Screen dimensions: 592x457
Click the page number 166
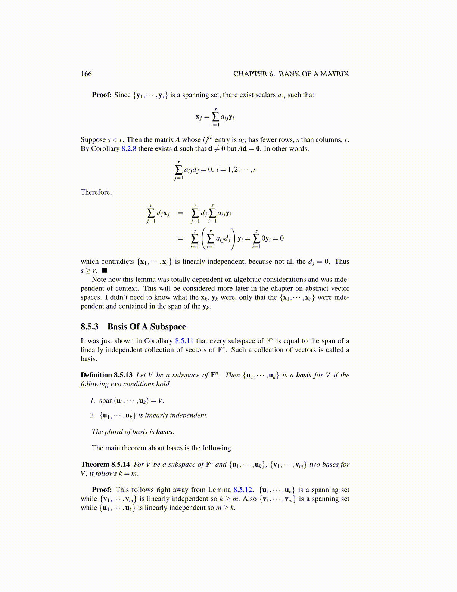(86, 74)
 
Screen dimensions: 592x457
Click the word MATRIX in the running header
(335, 74)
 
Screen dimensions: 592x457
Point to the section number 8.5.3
(90, 327)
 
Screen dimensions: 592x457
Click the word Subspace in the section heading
(168, 327)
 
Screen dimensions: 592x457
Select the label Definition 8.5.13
(106, 375)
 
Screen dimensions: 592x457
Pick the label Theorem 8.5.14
(105, 465)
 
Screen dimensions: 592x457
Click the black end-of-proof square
(105, 270)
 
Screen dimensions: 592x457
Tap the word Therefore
(96, 192)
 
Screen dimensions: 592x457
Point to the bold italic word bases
(164, 432)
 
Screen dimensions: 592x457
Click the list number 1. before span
(93, 401)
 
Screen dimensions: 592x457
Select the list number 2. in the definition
(93, 416)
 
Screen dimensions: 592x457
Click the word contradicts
(117, 262)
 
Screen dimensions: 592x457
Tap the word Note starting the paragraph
(99, 280)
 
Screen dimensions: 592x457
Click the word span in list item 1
(106, 401)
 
